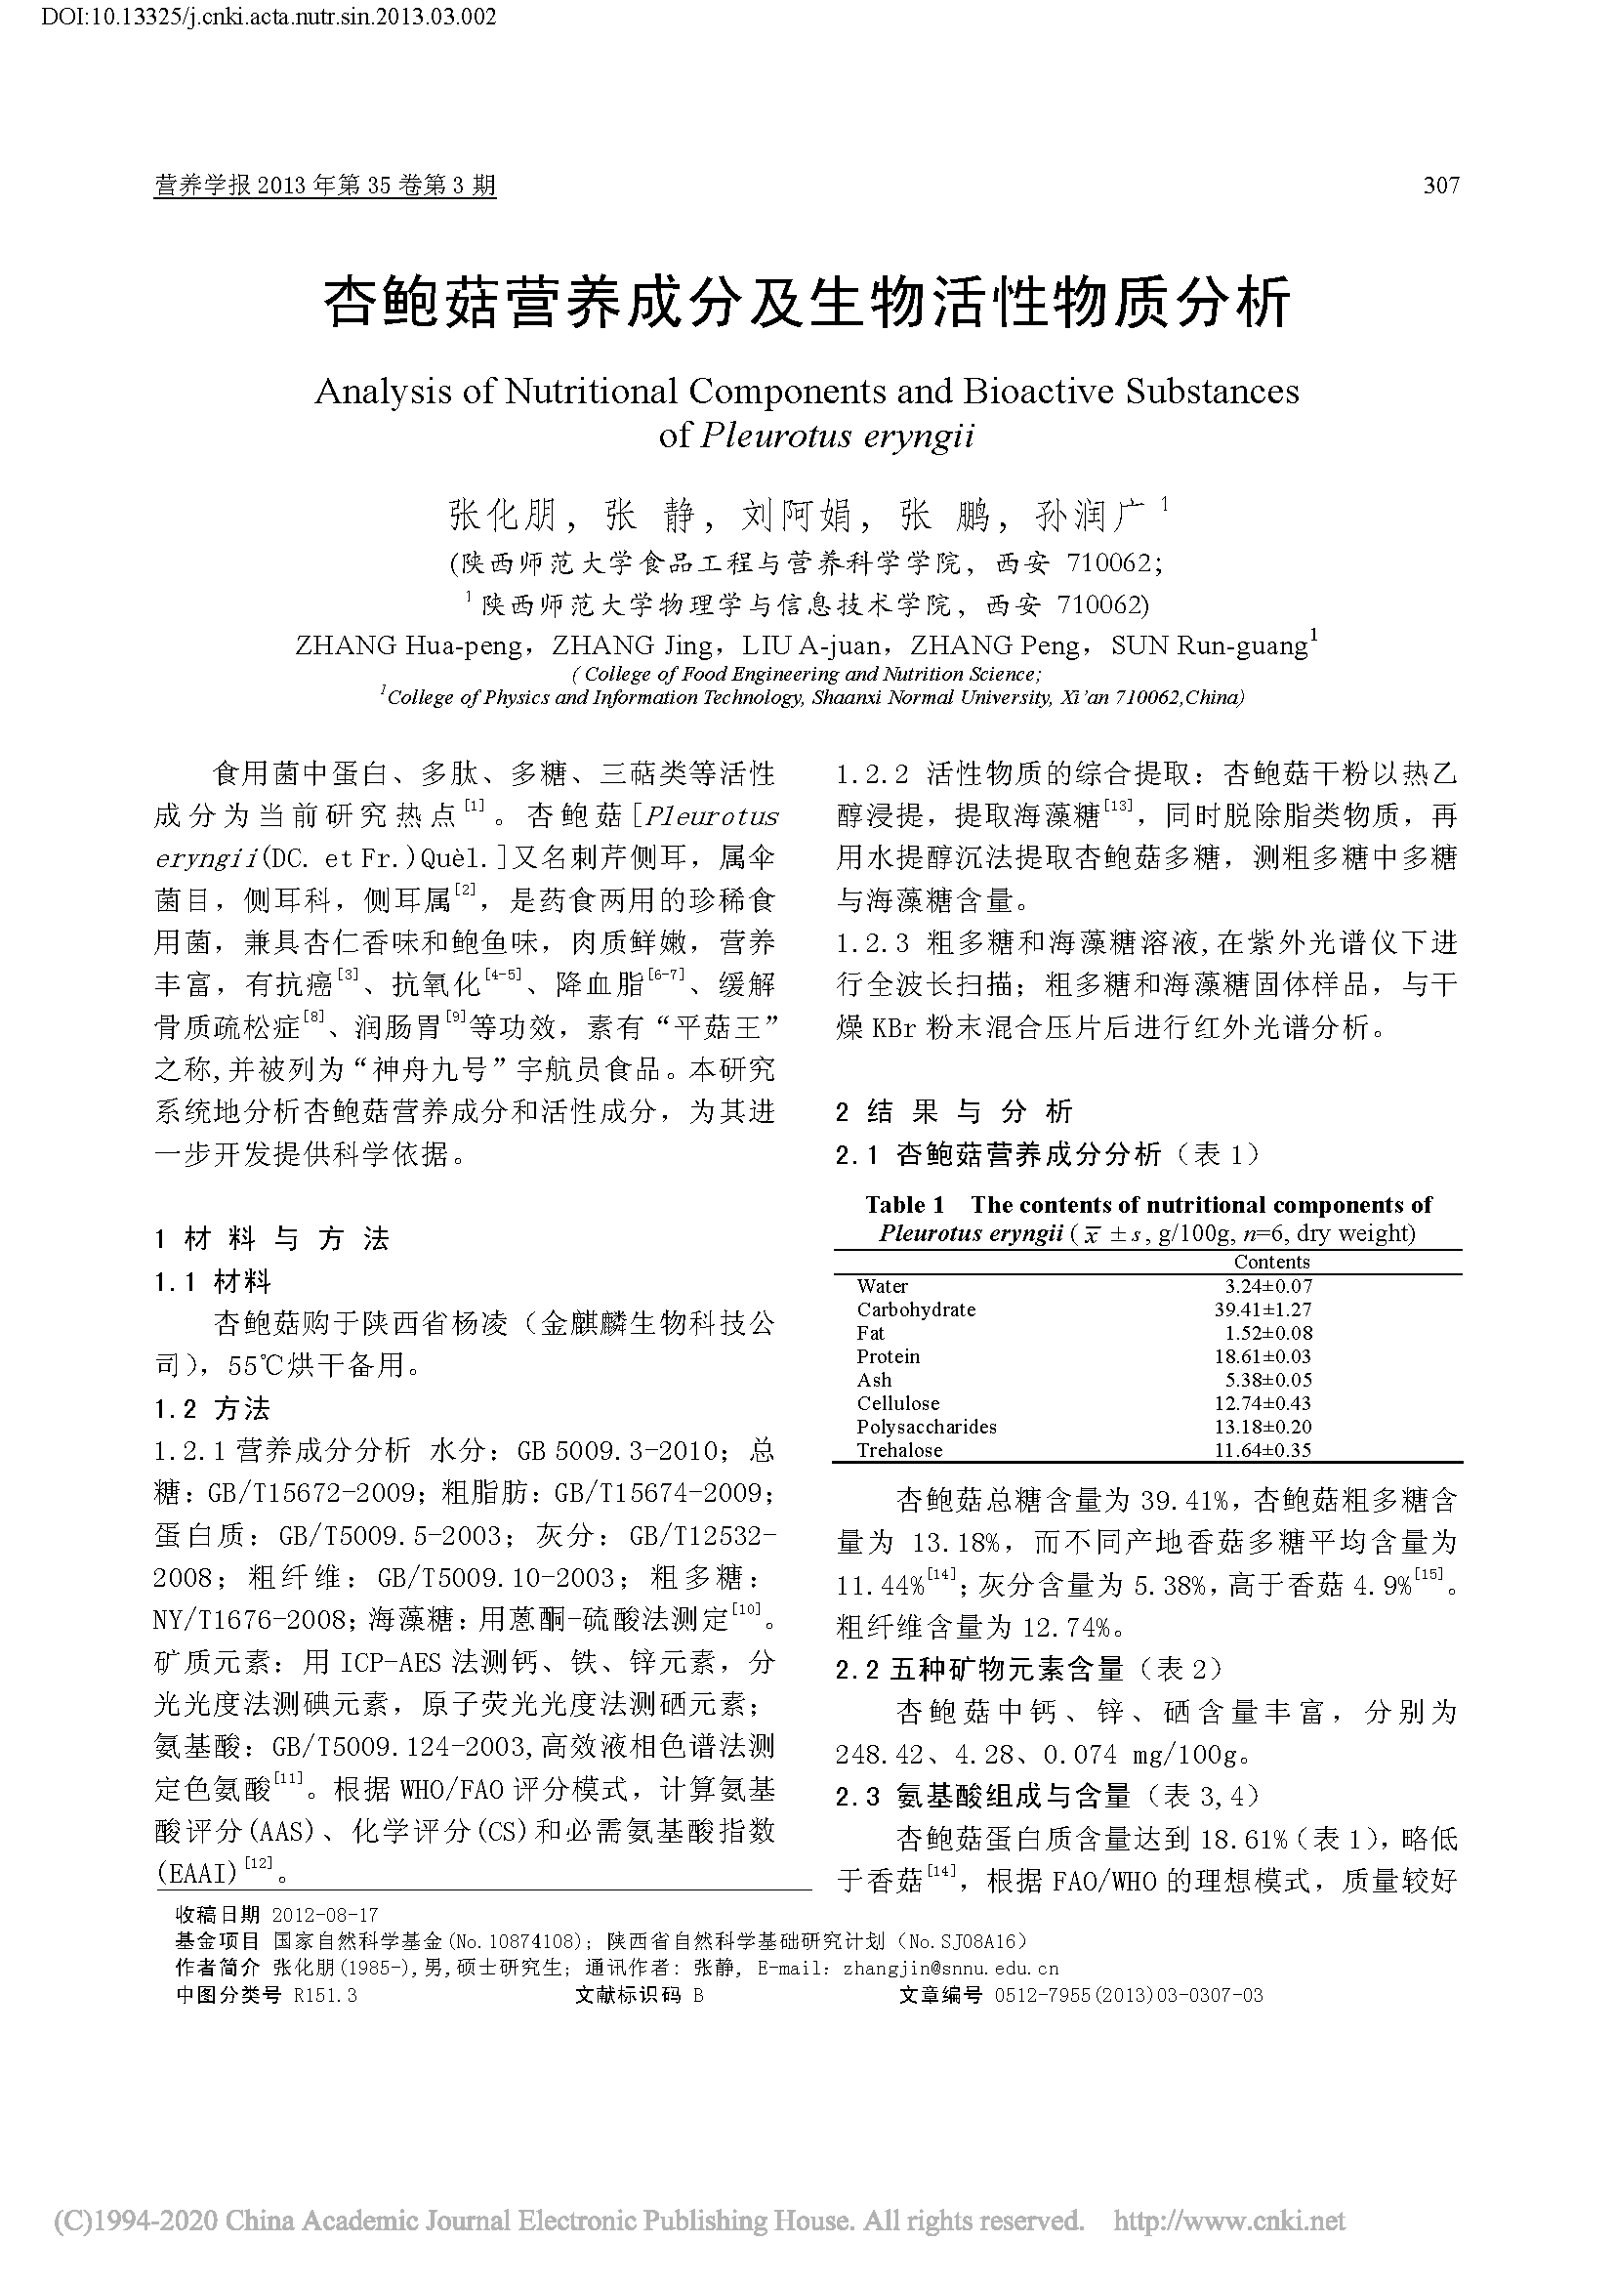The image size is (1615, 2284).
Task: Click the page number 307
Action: (1441, 185)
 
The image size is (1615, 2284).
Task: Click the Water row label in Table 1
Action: (882, 1286)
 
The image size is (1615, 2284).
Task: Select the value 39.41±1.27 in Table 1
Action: (1262, 1309)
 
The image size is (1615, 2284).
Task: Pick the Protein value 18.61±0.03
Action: (1262, 1356)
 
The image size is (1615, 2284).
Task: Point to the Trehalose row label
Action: (899, 1450)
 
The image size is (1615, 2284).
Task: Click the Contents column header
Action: (1271, 1262)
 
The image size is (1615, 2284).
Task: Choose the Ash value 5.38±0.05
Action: (1268, 1380)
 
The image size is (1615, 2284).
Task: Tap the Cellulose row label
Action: (898, 1403)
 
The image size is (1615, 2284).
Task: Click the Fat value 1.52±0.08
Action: (1268, 1333)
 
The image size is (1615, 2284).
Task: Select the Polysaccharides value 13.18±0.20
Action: (1262, 1427)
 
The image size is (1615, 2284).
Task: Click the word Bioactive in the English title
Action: (1038, 392)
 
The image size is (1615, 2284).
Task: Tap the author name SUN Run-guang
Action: (1208, 646)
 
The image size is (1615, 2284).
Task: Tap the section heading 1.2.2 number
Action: (871, 774)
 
